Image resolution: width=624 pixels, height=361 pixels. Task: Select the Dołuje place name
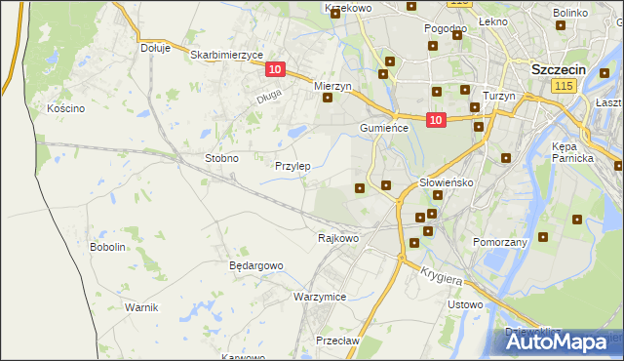click(155, 47)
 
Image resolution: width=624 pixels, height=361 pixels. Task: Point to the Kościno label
click(65, 108)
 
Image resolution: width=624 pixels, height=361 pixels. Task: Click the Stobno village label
click(221, 157)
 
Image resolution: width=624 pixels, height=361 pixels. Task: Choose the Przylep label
click(292, 166)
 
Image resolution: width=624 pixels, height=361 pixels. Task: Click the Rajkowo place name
click(339, 237)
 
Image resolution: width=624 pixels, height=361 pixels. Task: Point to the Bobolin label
click(108, 247)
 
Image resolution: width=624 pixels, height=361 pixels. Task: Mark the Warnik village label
click(141, 306)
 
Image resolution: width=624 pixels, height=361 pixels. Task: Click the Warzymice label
click(320, 296)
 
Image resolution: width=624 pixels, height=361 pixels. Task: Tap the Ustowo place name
click(464, 304)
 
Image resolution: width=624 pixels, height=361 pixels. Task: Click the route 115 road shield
click(562, 87)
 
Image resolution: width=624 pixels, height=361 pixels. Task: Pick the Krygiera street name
click(442, 277)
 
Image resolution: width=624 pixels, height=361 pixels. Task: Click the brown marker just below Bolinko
click(562, 27)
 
